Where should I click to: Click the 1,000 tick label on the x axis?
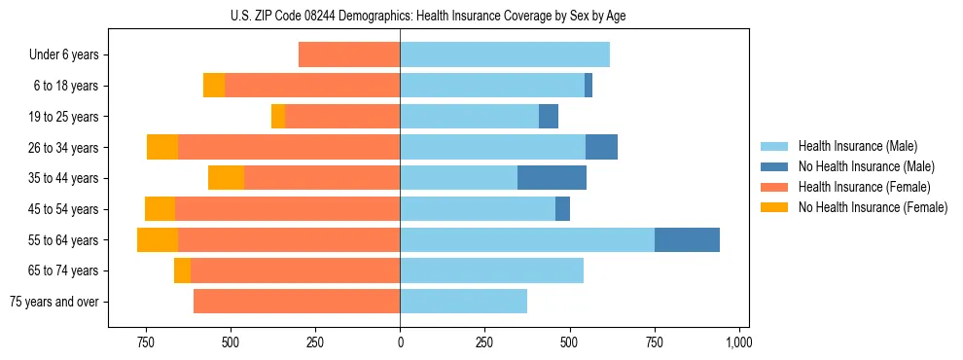click(738, 342)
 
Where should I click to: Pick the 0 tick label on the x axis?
click(400, 342)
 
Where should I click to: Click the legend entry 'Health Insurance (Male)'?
click(857, 146)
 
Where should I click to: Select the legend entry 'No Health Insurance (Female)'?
click(873, 207)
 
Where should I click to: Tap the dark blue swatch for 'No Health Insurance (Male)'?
click(775, 166)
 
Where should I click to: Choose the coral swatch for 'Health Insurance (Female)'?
click(775, 187)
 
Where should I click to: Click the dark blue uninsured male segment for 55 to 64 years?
click(687, 239)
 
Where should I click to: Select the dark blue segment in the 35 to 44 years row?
click(552, 178)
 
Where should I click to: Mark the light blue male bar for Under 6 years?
click(505, 54)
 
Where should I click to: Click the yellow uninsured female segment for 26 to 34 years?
click(162, 147)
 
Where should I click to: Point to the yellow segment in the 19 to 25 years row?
click(278, 117)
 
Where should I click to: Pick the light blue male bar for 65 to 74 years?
click(491, 270)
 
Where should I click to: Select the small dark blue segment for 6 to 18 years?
click(588, 86)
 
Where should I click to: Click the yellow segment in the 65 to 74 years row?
click(182, 270)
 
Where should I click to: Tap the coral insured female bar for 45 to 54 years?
click(287, 209)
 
